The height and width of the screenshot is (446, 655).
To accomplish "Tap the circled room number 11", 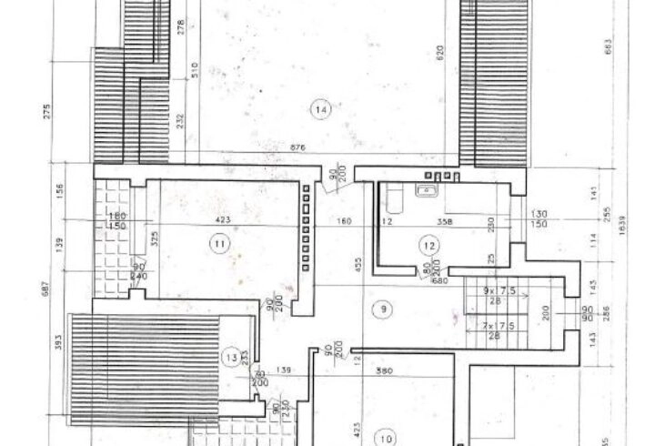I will point(218,243).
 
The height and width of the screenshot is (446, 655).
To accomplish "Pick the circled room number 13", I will point(232,358).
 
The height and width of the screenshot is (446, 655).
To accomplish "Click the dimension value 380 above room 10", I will point(408,370).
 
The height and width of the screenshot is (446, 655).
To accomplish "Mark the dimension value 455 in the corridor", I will point(358,264).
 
